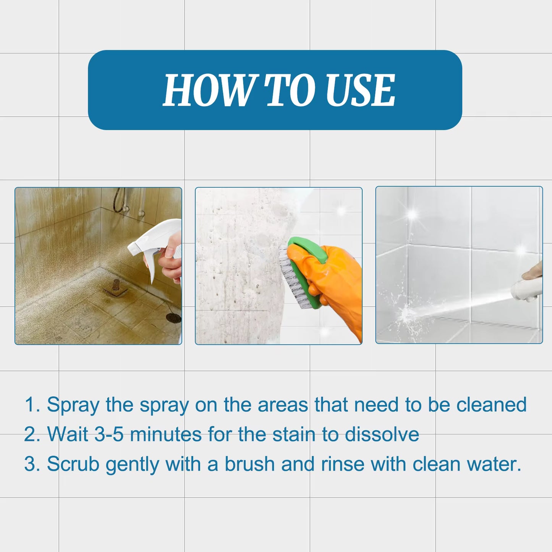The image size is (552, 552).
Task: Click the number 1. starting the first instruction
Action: coord(32,405)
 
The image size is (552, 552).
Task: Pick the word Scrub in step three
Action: coord(73,465)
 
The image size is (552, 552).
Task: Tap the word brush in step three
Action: coord(249,465)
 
